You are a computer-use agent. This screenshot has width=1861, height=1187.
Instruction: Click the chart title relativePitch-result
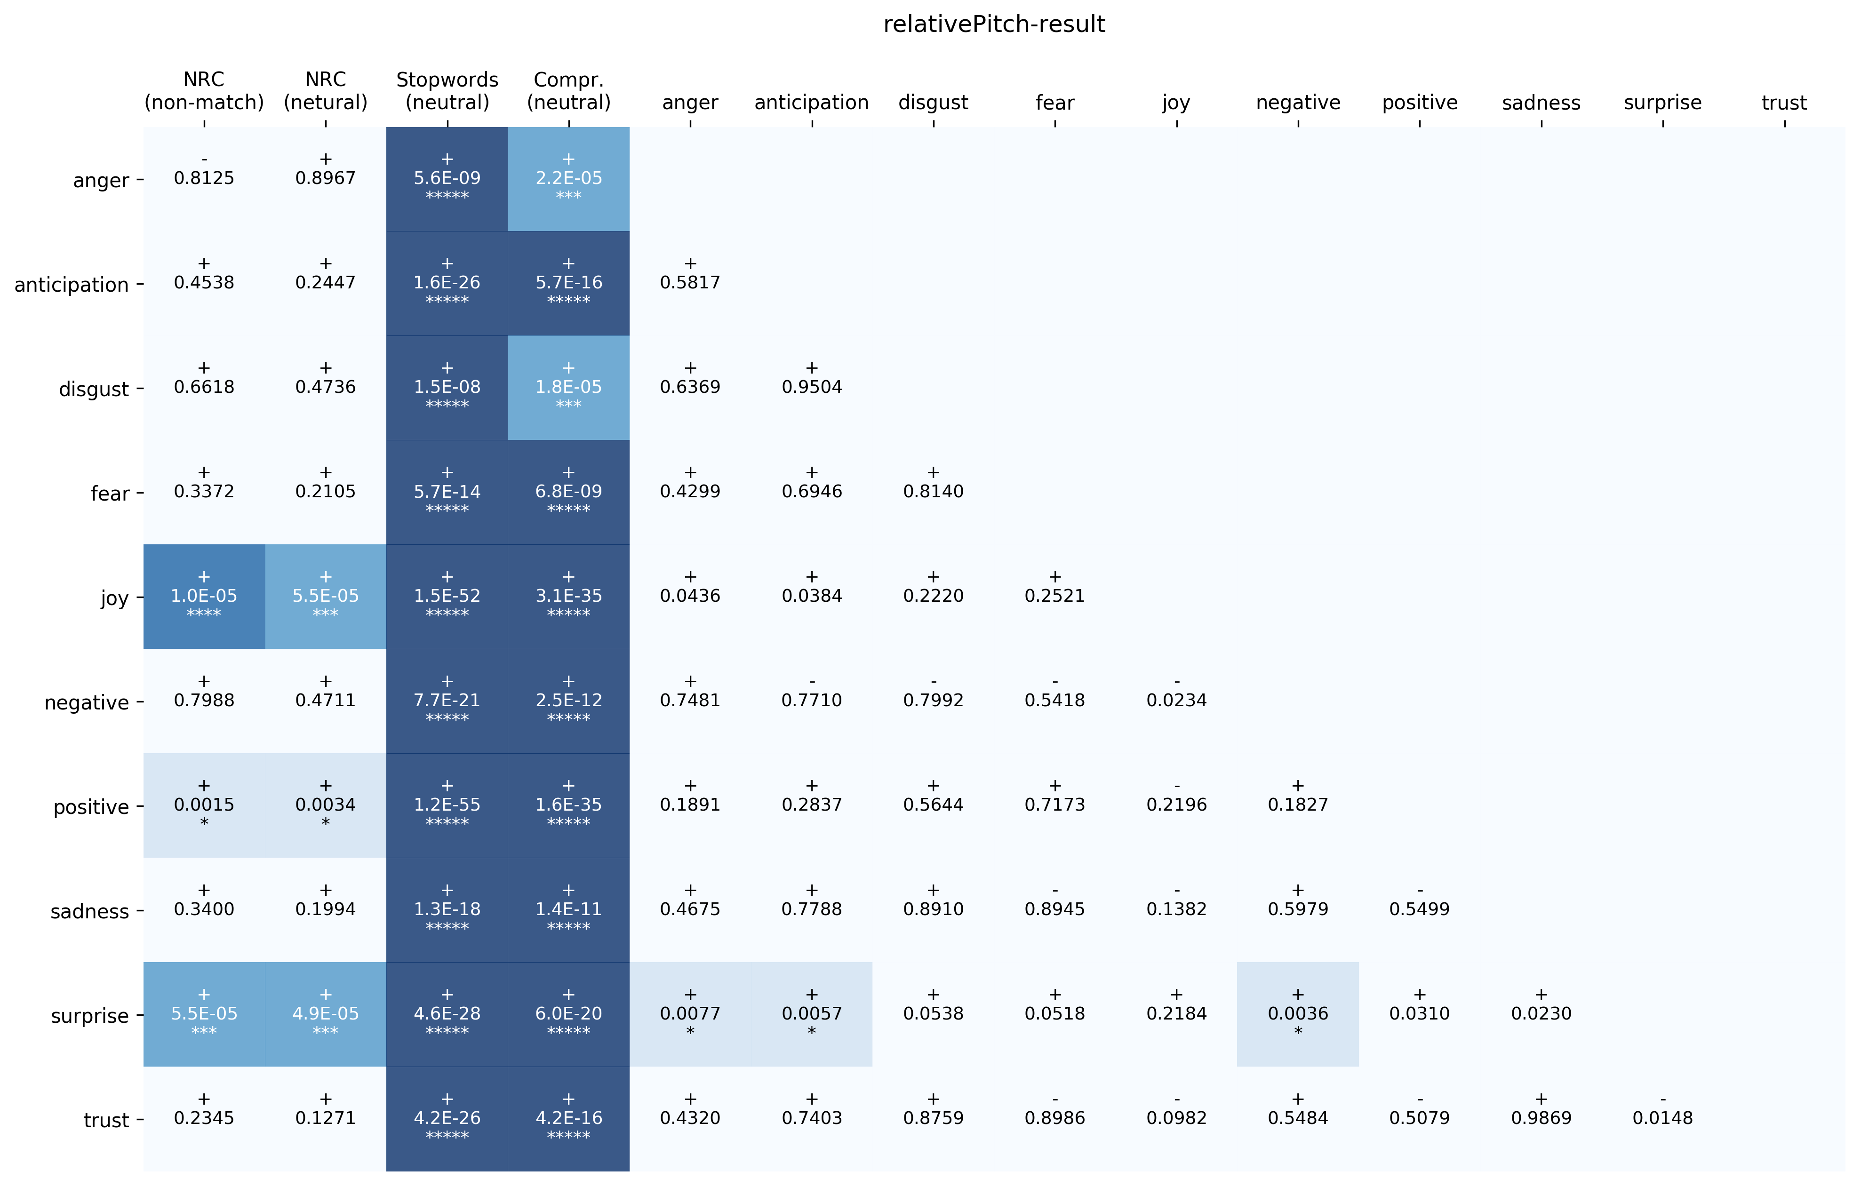994,25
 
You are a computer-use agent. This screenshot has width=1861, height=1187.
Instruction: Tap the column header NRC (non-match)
204,91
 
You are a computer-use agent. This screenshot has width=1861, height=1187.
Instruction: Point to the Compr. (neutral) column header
569,91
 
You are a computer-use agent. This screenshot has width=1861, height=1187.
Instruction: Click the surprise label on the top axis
1662,103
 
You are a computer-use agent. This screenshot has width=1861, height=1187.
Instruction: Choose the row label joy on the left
114,598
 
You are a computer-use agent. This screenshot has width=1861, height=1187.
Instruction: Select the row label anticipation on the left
71,285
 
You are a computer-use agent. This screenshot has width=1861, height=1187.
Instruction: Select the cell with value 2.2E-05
569,178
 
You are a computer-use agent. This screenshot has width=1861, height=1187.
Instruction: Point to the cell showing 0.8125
204,178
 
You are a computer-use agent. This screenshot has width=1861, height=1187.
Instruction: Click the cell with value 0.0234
1176,700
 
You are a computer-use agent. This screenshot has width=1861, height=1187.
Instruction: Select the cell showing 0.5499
1419,909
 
